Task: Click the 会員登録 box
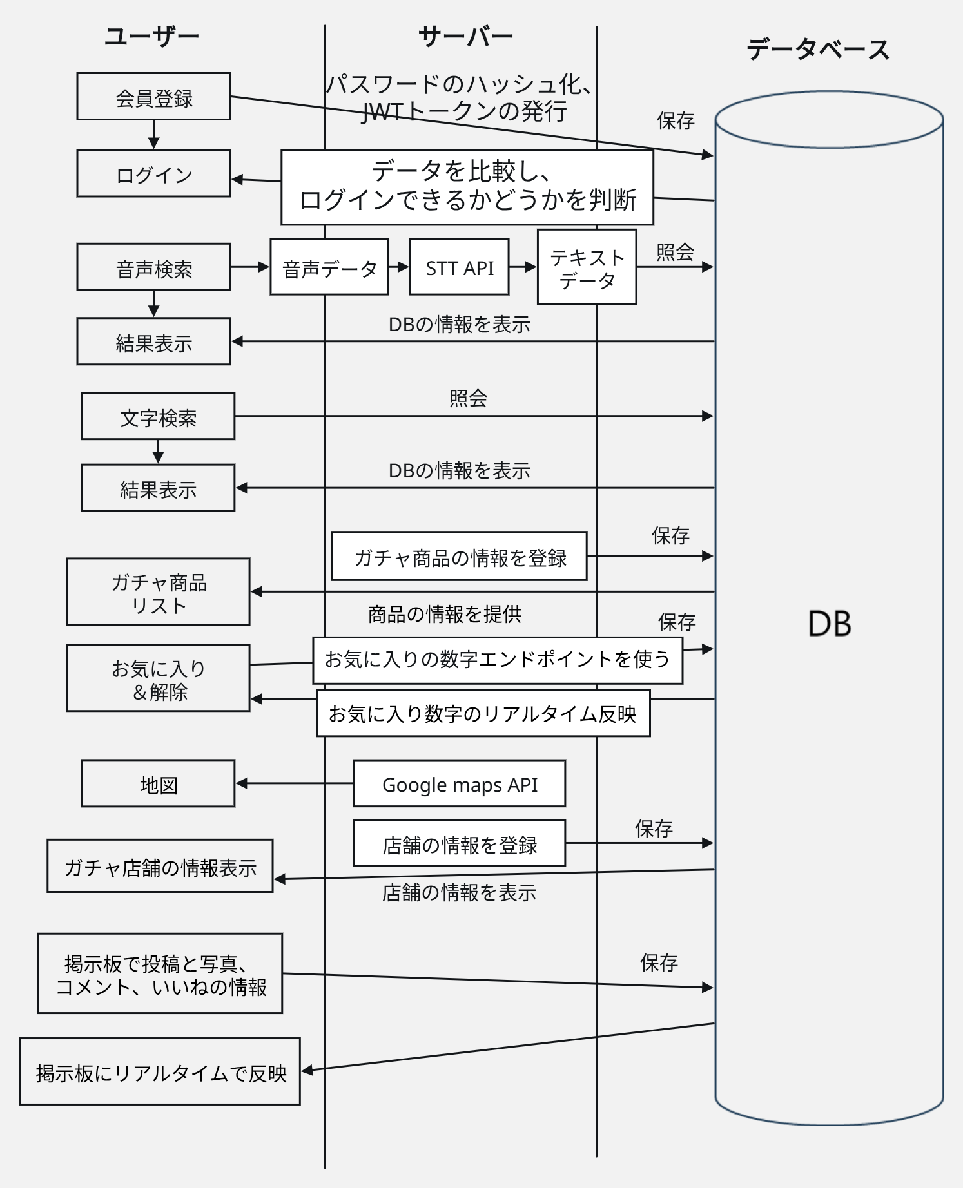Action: [x=153, y=97]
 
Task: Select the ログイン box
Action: [x=153, y=174]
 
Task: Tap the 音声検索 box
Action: [x=153, y=267]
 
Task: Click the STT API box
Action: [x=459, y=267]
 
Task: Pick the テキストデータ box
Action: [x=587, y=267]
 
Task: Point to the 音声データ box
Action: [x=329, y=267]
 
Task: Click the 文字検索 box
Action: [x=158, y=417]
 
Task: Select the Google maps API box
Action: [x=459, y=784]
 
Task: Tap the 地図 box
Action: [x=158, y=784]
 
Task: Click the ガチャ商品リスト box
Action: [x=158, y=592]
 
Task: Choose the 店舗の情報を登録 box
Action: [x=459, y=843]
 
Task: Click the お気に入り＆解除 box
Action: [x=158, y=678]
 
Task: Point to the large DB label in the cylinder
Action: [x=830, y=624]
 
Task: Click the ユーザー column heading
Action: [x=152, y=37]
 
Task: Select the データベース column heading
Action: [x=818, y=49]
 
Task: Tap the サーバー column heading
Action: [x=465, y=37]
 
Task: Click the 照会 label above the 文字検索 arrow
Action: [x=468, y=398]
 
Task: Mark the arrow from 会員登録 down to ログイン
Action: [x=153, y=135]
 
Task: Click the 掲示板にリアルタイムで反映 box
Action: [x=160, y=1072]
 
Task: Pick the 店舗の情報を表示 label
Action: [x=459, y=893]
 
